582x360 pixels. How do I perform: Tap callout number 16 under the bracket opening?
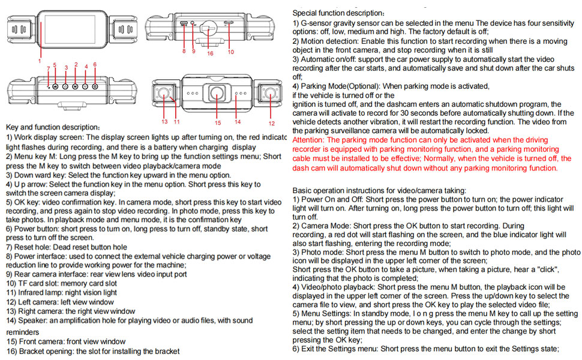coord(210,53)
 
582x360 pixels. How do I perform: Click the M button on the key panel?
coord(75,86)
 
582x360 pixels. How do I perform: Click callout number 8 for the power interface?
coord(184,52)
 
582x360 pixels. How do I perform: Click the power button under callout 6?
coord(95,86)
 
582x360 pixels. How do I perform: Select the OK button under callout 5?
coord(55,86)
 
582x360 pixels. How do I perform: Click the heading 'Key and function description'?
coord(53,128)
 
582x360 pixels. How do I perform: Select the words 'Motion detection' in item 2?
coord(330,41)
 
